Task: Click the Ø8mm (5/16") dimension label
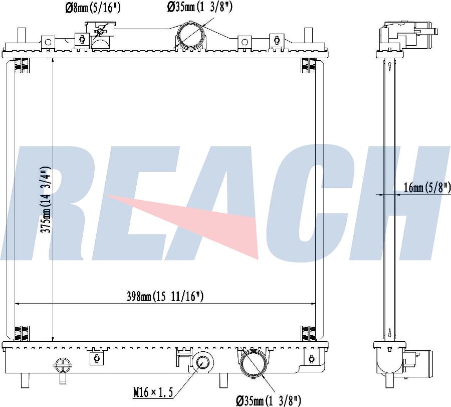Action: pos(93,8)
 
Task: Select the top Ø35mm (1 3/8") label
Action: pos(199,7)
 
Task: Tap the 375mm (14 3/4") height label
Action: pos(46,199)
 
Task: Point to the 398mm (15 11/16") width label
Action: pos(165,296)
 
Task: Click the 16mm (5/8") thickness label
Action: pos(427,188)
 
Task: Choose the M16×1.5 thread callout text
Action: pos(153,392)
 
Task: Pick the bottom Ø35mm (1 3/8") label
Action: pos(269,400)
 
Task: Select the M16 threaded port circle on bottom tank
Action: pos(203,362)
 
